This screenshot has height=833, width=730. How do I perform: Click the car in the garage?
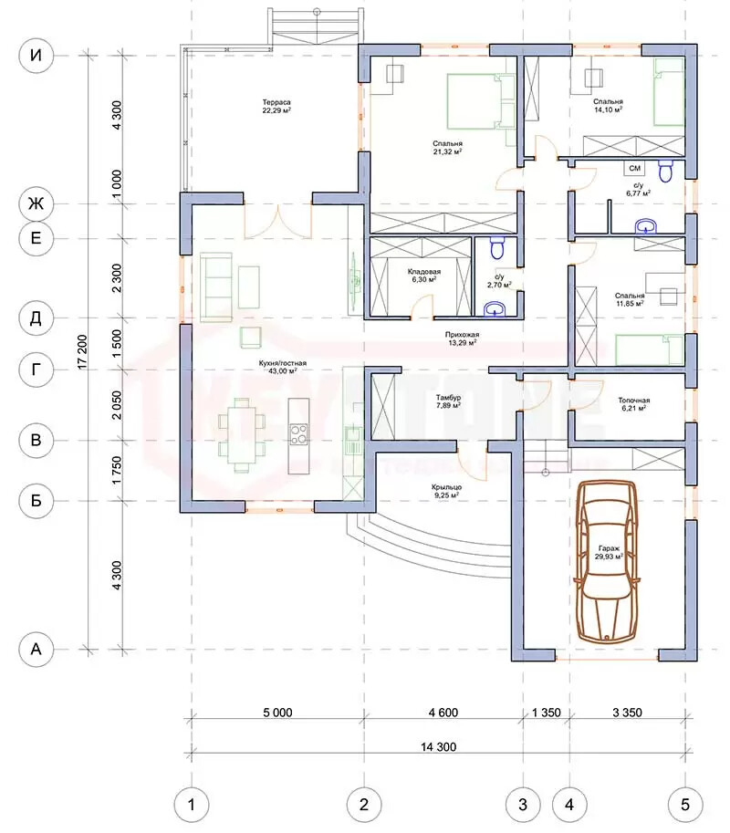tap(608, 561)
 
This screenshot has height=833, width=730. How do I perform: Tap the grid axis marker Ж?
tap(36, 203)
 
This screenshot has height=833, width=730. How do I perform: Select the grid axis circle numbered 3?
tap(523, 805)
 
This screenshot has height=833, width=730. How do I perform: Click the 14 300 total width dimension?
tap(438, 747)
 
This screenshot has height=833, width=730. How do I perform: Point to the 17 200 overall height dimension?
tap(82, 351)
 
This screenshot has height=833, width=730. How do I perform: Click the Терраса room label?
tap(276, 102)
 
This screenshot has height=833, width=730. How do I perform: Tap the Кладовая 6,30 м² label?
tap(424, 276)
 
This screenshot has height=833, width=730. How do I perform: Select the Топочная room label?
tap(634, 400)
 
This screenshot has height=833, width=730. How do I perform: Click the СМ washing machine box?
tap(634, 168)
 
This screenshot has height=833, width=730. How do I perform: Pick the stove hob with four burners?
tap(298, 433)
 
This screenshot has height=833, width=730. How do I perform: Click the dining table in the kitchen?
tap(243, 435)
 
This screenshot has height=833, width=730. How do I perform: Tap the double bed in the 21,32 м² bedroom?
tap(481, 101)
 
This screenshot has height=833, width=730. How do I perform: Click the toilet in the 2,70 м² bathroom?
tap(496, 247)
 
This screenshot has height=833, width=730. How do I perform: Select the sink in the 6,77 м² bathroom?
tap(645, 227)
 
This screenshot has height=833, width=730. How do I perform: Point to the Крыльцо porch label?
tap(446, 486)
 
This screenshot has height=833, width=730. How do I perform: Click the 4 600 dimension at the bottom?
tap(443, 713)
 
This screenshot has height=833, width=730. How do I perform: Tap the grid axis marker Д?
tap(36, 318)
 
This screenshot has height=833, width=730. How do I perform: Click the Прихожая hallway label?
tap(463, 335)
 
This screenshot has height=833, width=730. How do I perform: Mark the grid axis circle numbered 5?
tap(685, 805)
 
